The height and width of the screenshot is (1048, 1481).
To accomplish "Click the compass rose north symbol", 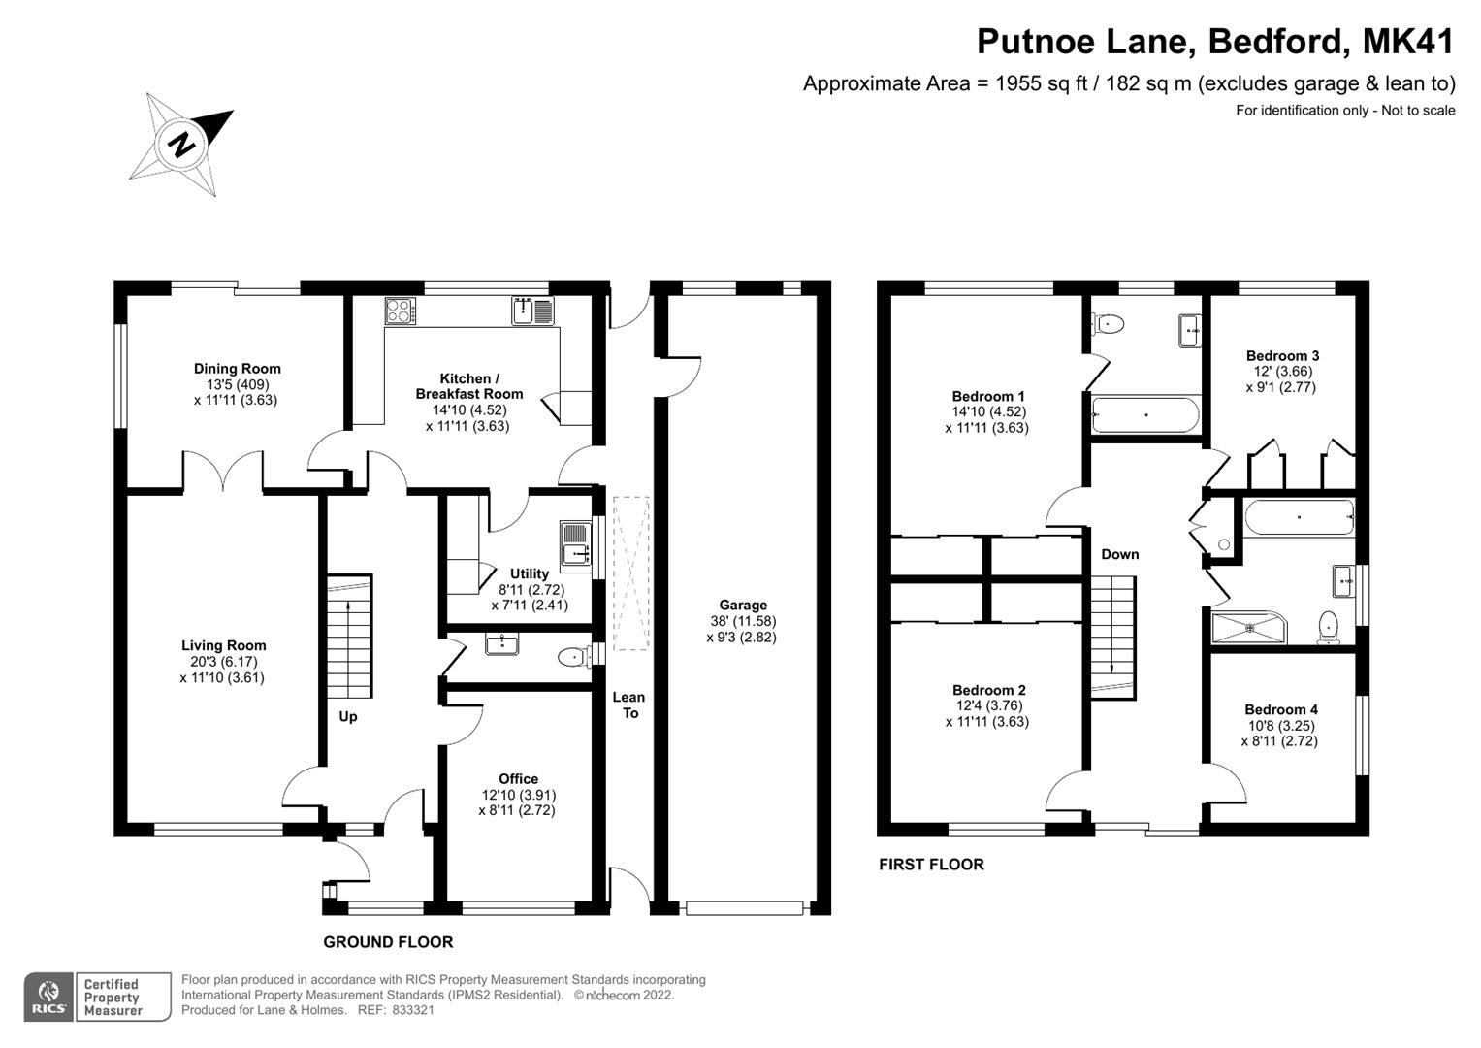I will [181, 146].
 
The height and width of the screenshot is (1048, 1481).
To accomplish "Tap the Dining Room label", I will [237, 369].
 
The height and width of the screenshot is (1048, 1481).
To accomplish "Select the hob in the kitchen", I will [400, 311].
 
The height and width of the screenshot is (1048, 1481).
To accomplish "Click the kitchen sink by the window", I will [532, 311].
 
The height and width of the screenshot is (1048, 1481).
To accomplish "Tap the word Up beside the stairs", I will [347, 717].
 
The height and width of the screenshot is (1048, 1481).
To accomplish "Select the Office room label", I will [518, 779].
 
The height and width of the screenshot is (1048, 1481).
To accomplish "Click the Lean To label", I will [628, 704].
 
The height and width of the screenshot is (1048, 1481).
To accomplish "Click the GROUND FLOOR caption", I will [388, 942].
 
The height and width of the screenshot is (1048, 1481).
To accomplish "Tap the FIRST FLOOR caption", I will [931, 865].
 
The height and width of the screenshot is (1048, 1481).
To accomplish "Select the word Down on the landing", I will [1119, 555].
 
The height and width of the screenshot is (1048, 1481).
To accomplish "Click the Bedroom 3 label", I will [1282, 356].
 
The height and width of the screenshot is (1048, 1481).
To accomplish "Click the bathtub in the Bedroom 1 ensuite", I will [1145, 415].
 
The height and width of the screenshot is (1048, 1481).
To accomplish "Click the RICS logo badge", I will [48, 998].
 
